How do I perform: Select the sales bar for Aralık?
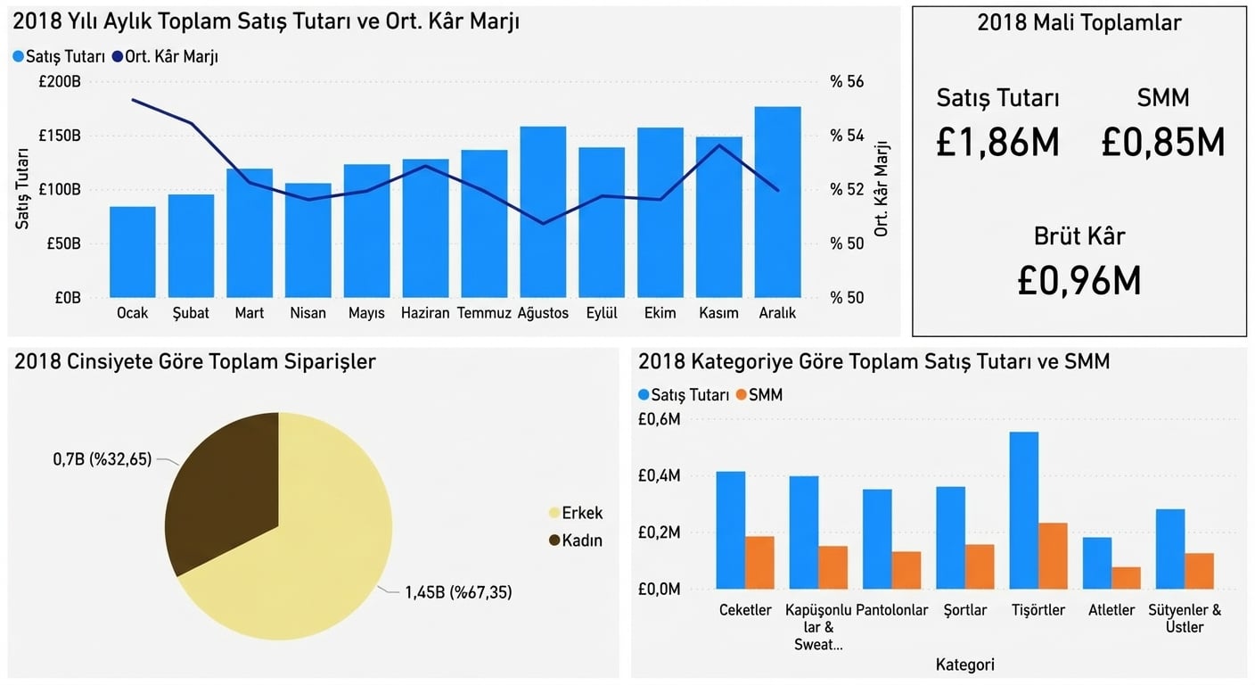[x=777, y=202]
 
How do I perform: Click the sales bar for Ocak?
[x=133, y=252]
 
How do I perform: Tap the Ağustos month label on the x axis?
[x=543, y=313]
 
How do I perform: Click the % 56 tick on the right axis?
[x=847, y=82]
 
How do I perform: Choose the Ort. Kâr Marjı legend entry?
[x=166, y=56]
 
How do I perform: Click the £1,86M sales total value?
[x=997, y=142]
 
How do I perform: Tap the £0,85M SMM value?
[x=1162, y=142]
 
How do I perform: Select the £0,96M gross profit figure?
[x=1079, y=281]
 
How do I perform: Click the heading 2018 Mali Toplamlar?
[x=1079, y=23]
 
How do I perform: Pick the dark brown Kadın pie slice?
[x=229, y=486]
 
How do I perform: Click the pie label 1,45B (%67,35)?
[x=458, y=591]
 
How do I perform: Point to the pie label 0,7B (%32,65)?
[x=103, y=459]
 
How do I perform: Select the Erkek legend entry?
[x=581, y=513]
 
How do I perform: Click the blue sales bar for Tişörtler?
[x=1024, y=510]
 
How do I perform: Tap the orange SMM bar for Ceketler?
[x=759, y=563]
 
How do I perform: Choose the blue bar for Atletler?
[x=1097, y=563]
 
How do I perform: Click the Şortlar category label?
[x=965, y=611]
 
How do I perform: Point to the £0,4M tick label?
[x=659, y=476]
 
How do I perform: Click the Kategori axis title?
[x=965, y=664]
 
